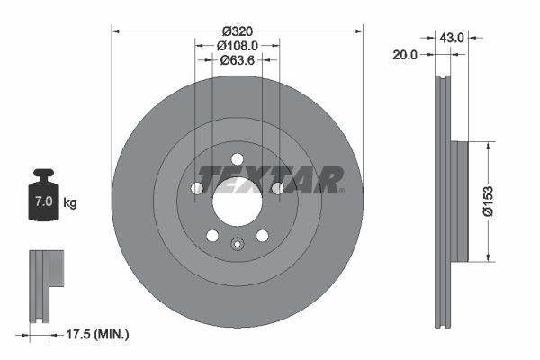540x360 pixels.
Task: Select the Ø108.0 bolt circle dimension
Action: pos(238,44)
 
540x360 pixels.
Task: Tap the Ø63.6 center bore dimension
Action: pos(238,61)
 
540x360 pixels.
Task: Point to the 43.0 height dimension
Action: pos(451,38)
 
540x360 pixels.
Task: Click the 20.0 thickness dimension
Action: pos(406,55)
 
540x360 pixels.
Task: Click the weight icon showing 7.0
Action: pos(42,194)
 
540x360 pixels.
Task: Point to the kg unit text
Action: pos(70,202)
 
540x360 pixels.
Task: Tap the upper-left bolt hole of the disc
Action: pos(197,188)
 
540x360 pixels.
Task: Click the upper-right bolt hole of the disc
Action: pos(278,188)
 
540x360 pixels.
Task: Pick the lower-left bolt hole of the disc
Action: pos(212,236)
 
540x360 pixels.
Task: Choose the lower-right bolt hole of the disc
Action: pos(263,236)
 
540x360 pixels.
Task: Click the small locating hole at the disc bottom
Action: pos(238,243)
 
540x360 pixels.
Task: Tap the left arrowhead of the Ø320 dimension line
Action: pos(115,31)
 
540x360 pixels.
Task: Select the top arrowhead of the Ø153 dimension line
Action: pos(487,145)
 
